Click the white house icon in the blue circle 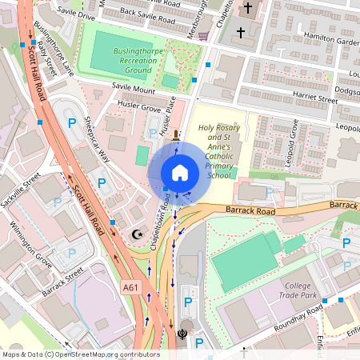(180, 173)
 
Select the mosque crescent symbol (136, 234)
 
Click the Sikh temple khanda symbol (183, 335)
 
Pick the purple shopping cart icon (203, 36)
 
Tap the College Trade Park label (308, 290)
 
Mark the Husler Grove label (139, 104)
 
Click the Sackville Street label (21, 194)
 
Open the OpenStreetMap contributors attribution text (81, 354)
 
